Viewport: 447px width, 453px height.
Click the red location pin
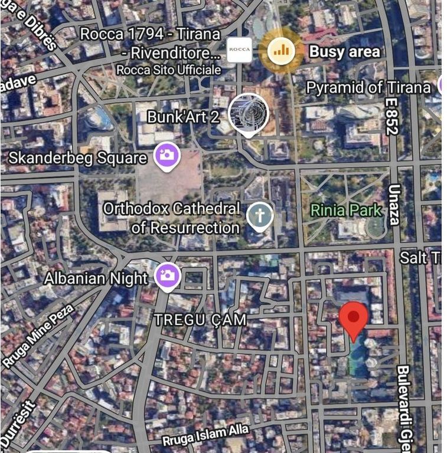pyautogui.click(x=353, y=319)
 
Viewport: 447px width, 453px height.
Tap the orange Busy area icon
pyautogui.click(x=281, y=51)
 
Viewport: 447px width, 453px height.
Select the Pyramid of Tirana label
pyautogui.click(x=368, y=88)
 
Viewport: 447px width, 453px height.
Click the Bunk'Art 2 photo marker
pyautogui.click(x=248, y=113)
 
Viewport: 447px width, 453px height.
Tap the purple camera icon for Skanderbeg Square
pyautogui.click(x=167, y=156)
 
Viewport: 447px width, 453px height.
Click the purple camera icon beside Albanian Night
pyautogui.click(x=167, y=275)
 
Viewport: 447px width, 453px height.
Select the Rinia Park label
pyautogui.click(x=346, y=209)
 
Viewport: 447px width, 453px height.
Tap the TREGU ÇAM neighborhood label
pyautogui.click(x=200, y=319)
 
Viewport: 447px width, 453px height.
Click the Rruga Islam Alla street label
pyautogui.click(x=205, y=435)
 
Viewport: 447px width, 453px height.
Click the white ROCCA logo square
pyautogui.click(x=240, y=50)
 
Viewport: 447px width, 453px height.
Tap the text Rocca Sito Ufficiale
pyautogui.click(x=168, y=70)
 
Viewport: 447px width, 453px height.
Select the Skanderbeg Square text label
pyautogui.click(x=77, y=158)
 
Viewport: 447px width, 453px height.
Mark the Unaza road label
pyautogui.click(x=394, y=205)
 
